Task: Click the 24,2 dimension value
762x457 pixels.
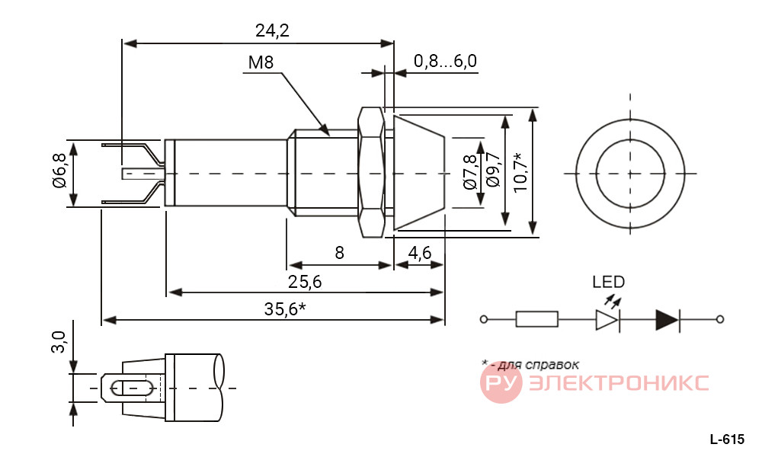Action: point(272,31)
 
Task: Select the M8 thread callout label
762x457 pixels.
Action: point(261,62)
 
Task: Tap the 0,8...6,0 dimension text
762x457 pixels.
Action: point(445,61)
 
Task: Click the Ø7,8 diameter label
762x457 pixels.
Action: point(469,172)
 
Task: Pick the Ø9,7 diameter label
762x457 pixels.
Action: point(492,170)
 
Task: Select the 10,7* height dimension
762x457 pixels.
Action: point(520,172)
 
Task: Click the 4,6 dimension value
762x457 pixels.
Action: point(419,253)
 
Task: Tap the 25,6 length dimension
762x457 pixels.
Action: point(305,282)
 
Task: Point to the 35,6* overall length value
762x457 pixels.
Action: point(285,309)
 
